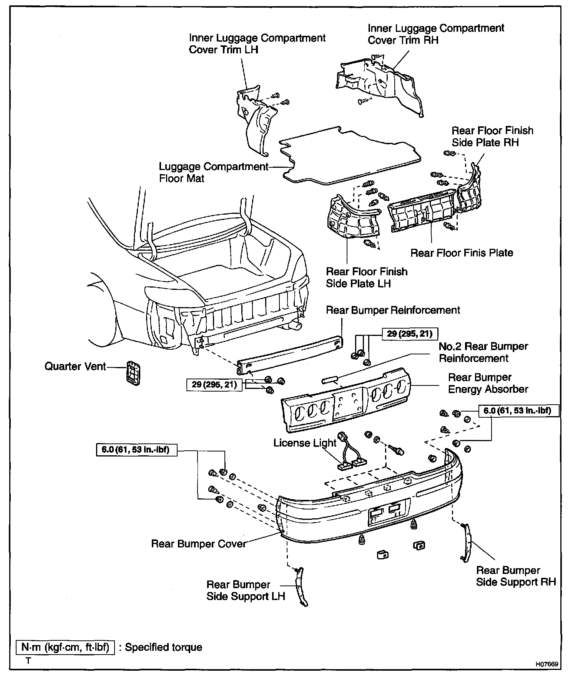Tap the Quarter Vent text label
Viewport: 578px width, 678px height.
75,366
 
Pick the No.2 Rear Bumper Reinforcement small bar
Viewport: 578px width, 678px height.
329,379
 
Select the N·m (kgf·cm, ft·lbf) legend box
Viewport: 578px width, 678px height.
65,647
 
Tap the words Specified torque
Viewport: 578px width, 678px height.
163,647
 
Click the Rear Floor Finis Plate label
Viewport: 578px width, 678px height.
462,253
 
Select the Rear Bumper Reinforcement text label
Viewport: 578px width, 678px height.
393,310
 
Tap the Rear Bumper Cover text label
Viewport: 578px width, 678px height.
199,544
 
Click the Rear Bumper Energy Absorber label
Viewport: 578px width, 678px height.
488,383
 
